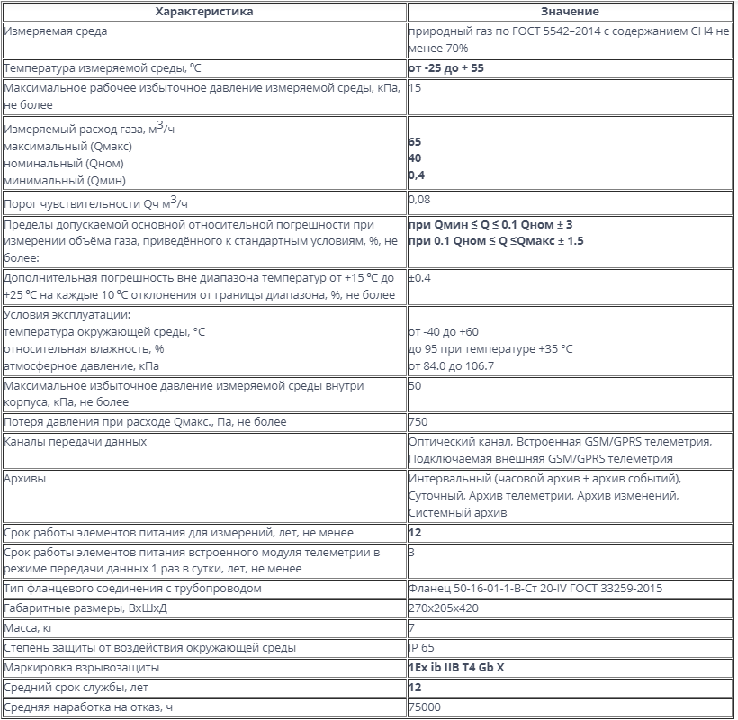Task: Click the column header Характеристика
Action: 204,12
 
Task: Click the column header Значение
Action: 570,12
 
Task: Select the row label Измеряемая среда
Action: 56,31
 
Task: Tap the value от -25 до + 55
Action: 452,68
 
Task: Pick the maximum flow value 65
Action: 415,142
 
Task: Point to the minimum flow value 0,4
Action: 416,175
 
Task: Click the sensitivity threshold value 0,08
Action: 419,199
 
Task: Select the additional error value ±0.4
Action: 419,278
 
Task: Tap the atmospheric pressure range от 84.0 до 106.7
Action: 451,366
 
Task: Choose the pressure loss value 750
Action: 418,422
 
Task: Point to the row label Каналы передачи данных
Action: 76,442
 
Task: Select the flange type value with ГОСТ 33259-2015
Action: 535,589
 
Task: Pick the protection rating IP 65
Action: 420,648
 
